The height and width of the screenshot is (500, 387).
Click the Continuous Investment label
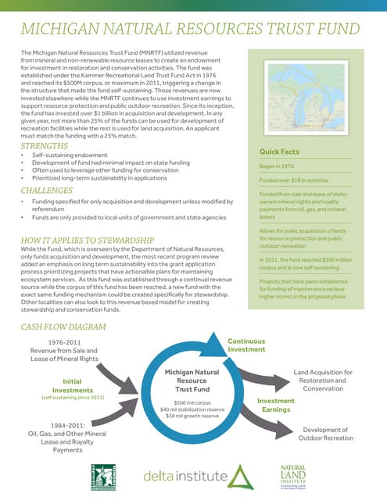[x=246, y=346]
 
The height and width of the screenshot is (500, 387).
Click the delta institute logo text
[x=184, y=475]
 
